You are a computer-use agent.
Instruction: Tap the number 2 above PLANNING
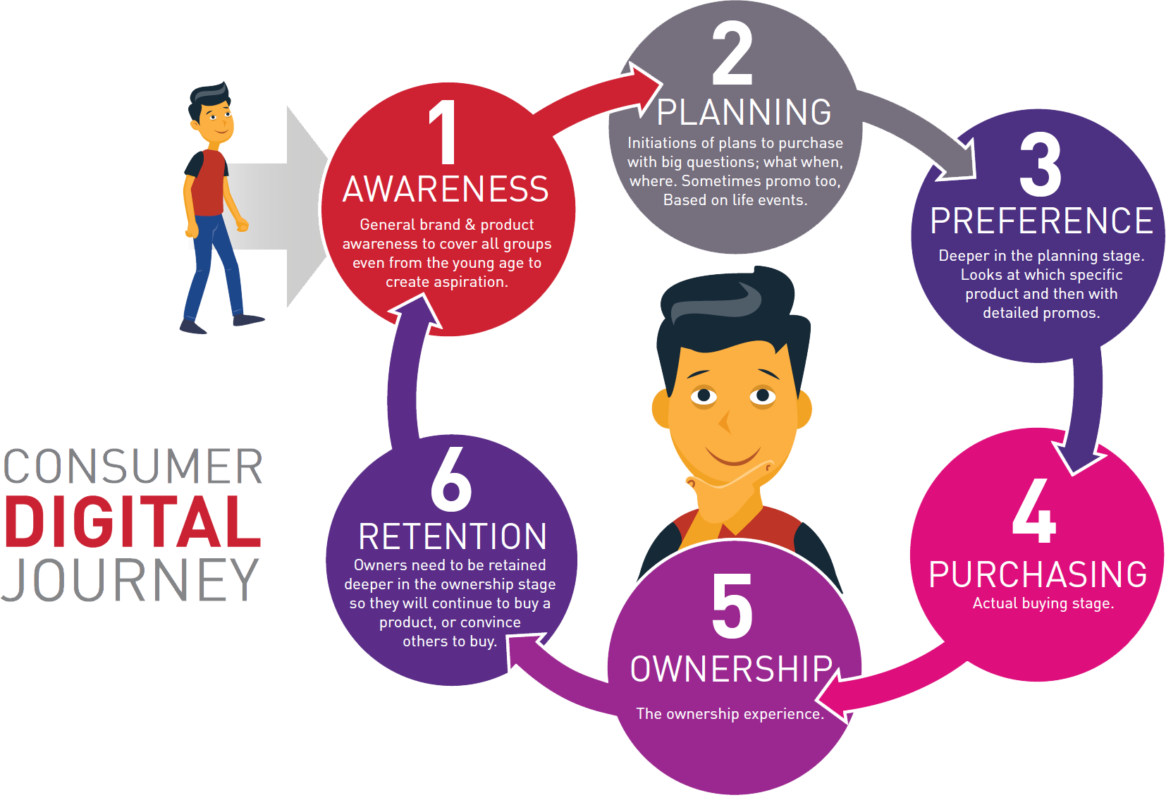point(732,53)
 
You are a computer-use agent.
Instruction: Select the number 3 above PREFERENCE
point(1040,164)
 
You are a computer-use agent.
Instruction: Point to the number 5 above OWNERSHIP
point(732,606)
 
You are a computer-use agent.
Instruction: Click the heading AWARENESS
point(446,189)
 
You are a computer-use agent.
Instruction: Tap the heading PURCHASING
point(1038,574)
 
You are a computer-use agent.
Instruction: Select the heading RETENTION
point(453,536)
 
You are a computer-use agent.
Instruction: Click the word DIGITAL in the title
point(133,522)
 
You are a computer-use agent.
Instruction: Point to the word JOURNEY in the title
point(130,579)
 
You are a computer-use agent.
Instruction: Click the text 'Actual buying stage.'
point(1043,603)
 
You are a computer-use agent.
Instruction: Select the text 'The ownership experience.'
point(730,713)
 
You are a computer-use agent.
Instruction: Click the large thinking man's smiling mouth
point(734,457)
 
